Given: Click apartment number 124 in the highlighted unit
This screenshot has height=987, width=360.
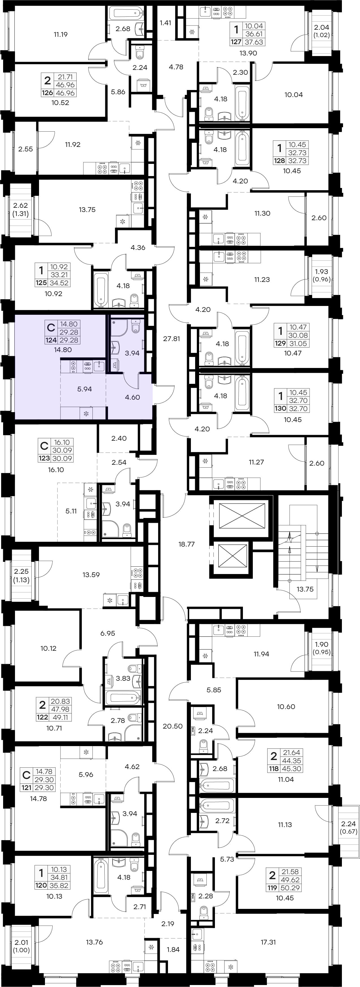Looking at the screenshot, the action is tap(51, 340).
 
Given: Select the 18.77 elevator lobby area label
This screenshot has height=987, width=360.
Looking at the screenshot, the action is tap(187, 544).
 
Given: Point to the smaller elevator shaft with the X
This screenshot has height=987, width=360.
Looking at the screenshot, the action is tap(232, 556).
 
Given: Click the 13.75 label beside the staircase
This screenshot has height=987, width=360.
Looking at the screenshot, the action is tap(305, 589).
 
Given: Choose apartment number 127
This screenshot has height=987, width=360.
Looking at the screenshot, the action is tap(236, 42).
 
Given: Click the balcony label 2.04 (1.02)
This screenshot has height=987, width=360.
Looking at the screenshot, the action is tap(321, 31).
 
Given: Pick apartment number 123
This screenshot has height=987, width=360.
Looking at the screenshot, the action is tap(44, 459).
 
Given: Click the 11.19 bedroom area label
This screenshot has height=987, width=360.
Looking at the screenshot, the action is tap(61, 35).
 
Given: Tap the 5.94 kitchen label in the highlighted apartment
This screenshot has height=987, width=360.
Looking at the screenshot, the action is tap(85, 389).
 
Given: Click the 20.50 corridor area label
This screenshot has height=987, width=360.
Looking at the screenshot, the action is tap(172, 726).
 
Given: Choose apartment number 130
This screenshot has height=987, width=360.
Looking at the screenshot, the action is tap(280, 408).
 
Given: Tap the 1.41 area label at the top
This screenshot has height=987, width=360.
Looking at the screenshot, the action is tap(165, 23).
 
